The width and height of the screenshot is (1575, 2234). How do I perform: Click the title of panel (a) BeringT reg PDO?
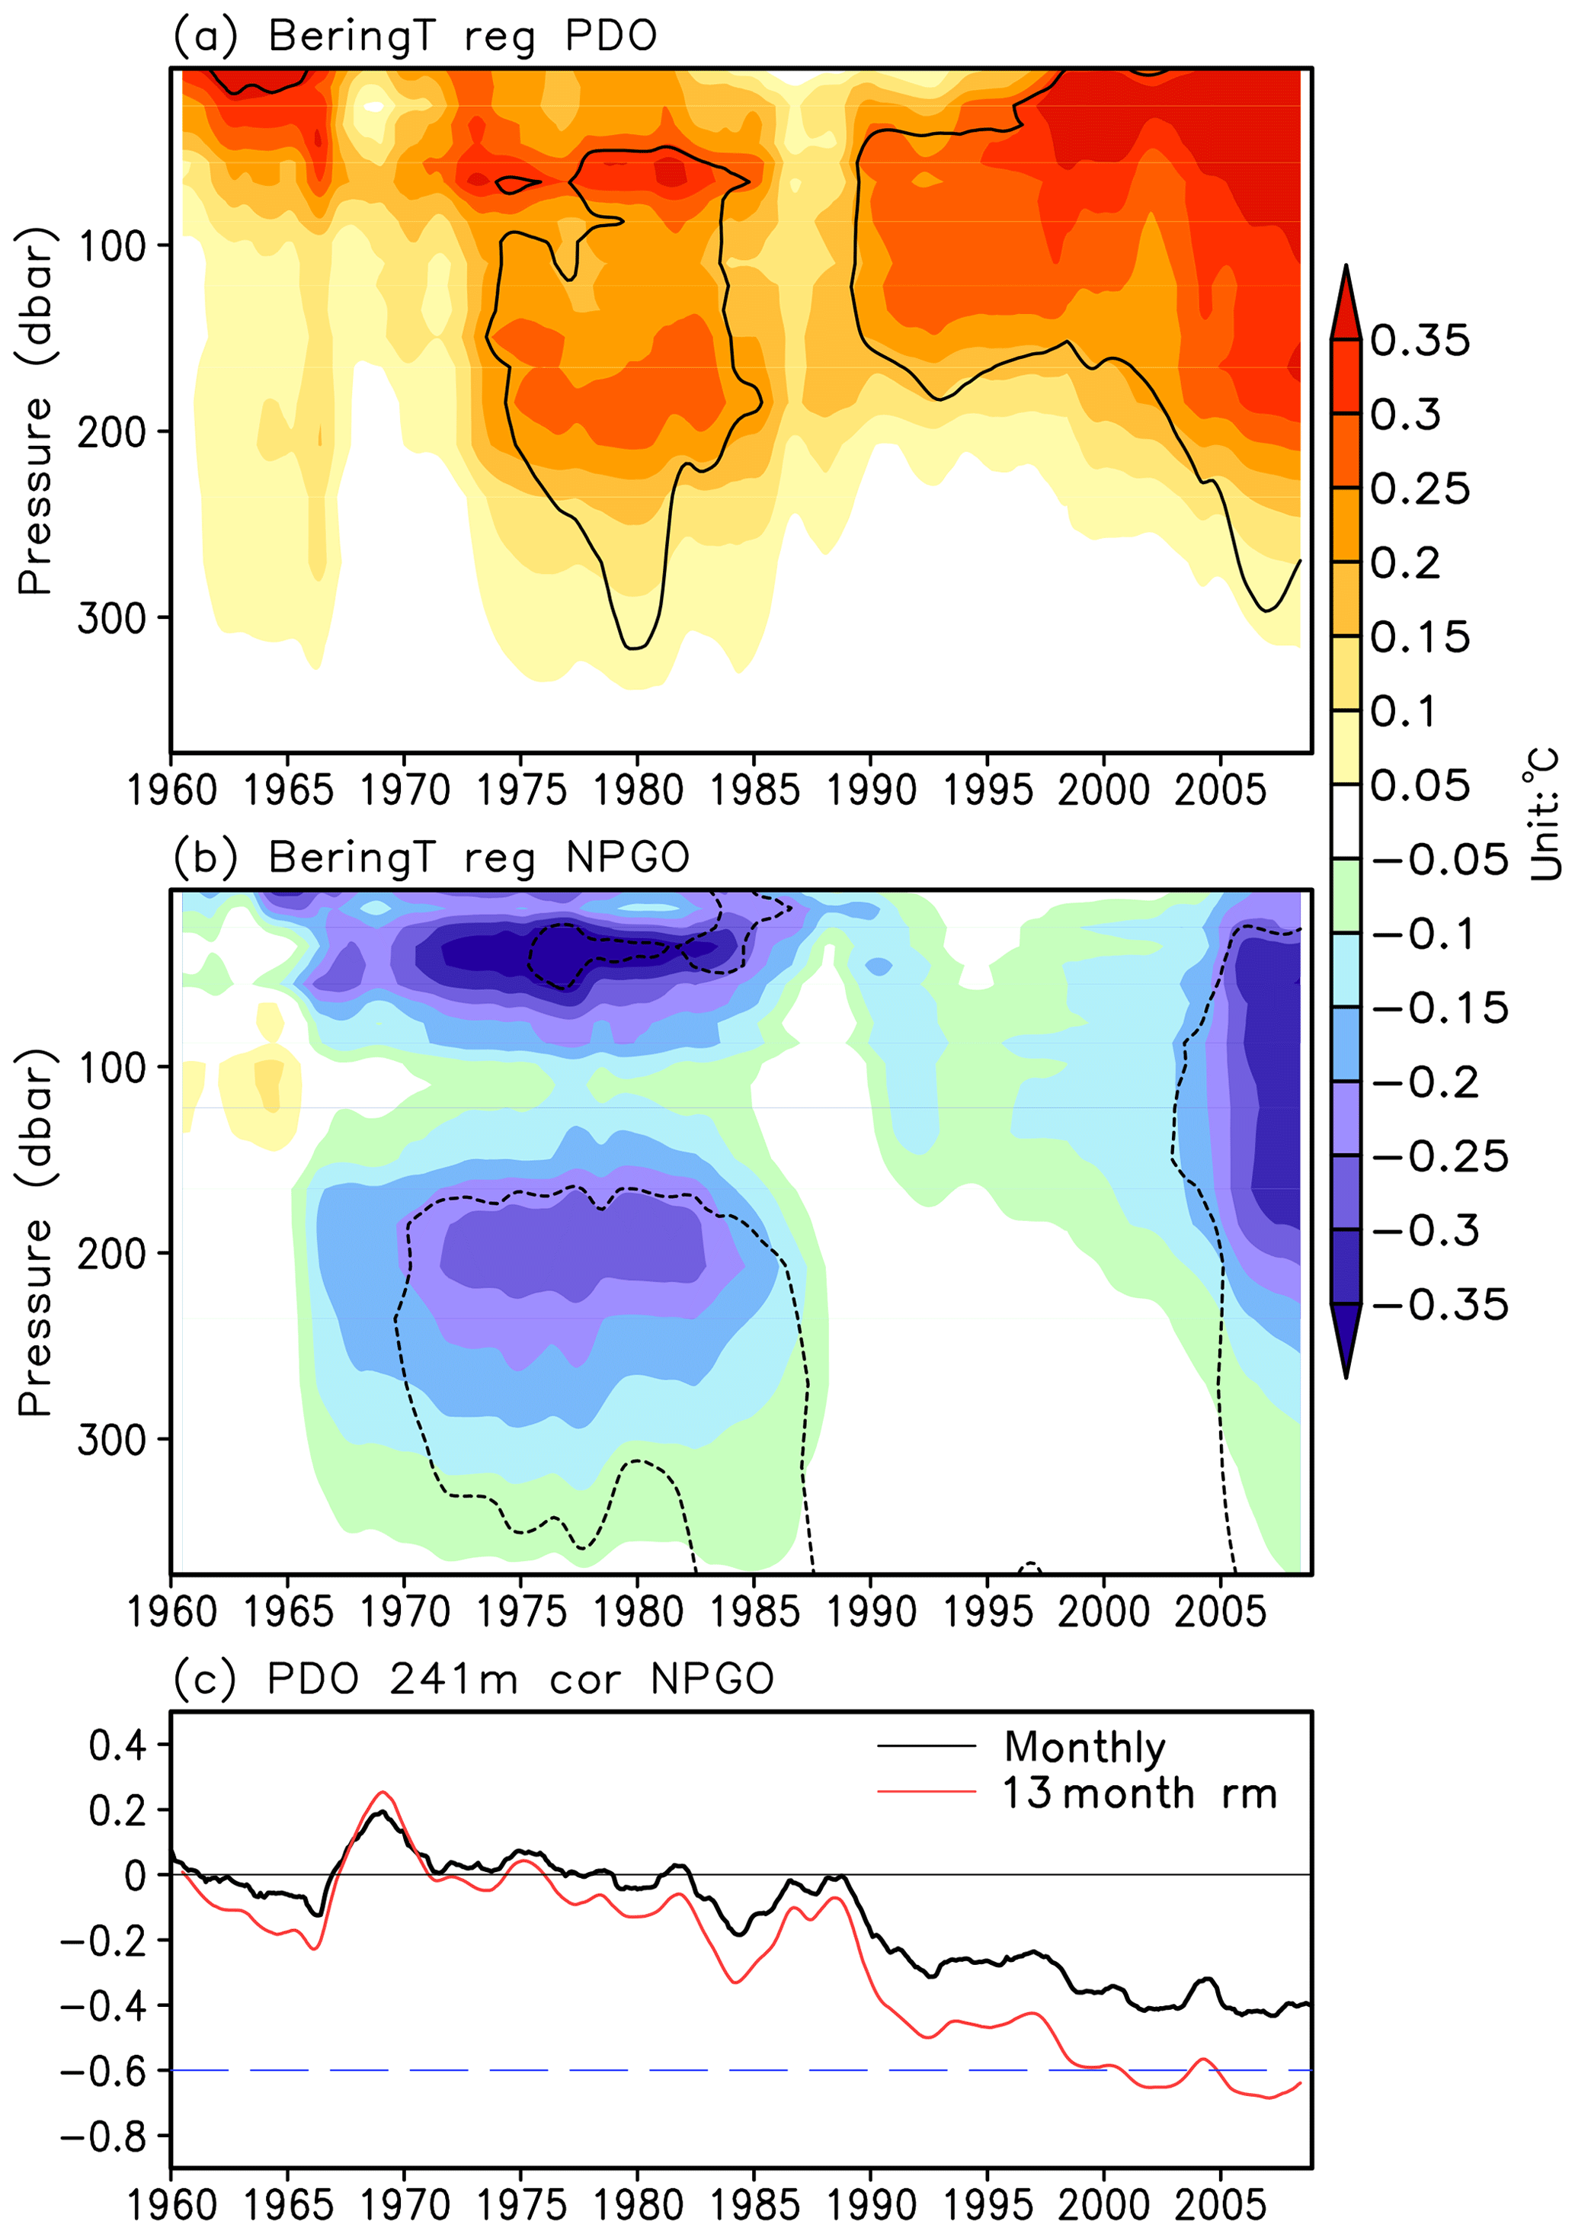pos(415,37)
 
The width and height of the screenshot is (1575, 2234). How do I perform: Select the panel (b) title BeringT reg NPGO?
pos(431,858)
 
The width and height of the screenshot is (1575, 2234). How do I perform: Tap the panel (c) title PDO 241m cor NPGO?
pos(472,1681)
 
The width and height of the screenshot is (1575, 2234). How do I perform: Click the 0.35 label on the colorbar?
pos(1420,341)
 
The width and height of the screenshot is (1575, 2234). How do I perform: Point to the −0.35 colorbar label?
pos(1440,1305)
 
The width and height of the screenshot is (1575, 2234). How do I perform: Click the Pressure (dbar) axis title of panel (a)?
pos(35,411)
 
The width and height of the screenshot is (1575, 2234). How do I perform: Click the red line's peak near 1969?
pos(383,1792)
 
